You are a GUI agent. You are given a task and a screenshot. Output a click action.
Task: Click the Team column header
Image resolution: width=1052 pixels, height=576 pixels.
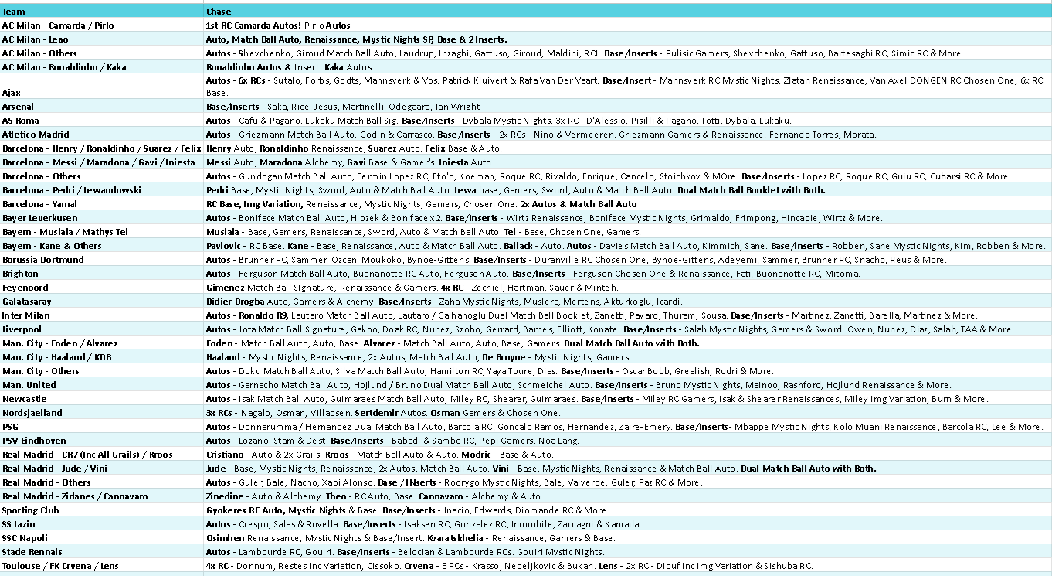click(13, 12)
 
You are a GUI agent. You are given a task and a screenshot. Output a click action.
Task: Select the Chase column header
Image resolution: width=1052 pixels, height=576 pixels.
click(219, 12)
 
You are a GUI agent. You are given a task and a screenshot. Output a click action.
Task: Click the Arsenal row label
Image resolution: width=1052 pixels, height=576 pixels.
click(18, 107)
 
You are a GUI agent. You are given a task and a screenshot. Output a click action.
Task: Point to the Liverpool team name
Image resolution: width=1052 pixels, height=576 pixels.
click(21, 329)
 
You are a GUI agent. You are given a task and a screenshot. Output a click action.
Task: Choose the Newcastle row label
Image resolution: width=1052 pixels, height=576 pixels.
click(24, 399)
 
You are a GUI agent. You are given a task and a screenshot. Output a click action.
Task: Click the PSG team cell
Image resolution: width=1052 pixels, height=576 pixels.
click(10, 427)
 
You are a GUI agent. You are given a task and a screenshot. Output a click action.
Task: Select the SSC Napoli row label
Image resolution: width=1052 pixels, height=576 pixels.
click(24, 538)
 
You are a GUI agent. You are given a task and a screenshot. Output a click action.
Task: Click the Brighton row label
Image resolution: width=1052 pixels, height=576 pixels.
click(20, 274)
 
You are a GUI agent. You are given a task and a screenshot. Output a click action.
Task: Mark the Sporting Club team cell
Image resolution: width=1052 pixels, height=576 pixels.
click(31, 510)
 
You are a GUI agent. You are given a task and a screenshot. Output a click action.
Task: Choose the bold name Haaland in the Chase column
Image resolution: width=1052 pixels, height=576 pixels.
click(223, 357)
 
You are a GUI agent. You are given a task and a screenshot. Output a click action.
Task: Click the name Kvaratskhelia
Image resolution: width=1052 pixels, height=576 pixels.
click(456, 538)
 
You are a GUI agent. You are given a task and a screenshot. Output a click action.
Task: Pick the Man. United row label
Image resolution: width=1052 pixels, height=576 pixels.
click(29, 385)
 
